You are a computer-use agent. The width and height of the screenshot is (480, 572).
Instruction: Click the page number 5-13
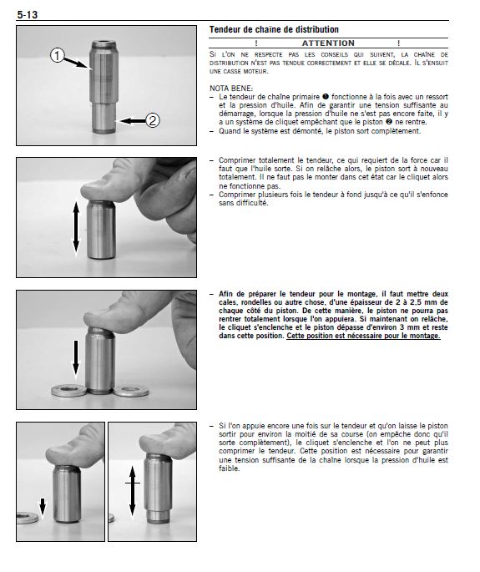[28, 14]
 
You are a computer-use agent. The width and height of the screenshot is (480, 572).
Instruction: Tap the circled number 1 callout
[58, 55]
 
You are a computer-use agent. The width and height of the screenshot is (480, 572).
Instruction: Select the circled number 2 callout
[153, 120]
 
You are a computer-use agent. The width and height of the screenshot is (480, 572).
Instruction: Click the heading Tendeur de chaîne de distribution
[274, 29]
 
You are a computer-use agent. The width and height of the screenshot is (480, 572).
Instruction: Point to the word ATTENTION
[328, 43]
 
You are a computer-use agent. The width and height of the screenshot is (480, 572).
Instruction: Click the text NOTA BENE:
[231, 89]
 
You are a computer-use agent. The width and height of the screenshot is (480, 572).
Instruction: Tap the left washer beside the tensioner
[69, 391]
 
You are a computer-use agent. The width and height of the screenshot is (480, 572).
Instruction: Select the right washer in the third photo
[131, 391]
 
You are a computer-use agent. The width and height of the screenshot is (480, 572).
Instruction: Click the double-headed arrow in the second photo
[76, 227]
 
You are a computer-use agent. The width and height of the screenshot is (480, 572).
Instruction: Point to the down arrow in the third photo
[75, 359]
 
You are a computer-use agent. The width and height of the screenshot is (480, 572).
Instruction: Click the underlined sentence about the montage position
[363, 336]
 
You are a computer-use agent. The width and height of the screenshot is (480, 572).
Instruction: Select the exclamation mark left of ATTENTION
[256, 43]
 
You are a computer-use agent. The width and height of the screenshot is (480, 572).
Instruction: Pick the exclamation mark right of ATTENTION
[399, 43]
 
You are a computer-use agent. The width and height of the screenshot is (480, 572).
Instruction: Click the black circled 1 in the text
[326, 97]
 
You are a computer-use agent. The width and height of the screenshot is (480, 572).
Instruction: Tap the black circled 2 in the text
[389, 122]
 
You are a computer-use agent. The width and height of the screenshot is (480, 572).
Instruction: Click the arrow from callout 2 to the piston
[133, 121]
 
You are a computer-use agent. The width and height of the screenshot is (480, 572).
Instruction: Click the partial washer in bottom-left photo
[28, 517]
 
